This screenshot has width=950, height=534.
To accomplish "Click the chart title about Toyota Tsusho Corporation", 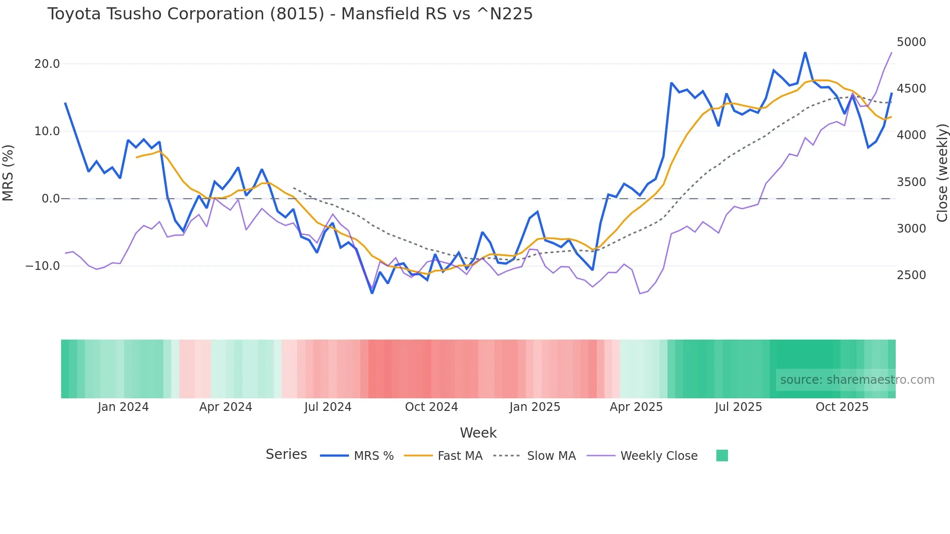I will point(290,14).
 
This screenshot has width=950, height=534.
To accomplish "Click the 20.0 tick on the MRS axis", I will point(47,64).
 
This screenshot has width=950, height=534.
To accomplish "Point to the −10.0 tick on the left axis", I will point(43,266).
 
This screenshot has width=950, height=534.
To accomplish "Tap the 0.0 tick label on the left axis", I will point(51,199).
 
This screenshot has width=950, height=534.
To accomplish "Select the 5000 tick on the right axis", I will point(911,42).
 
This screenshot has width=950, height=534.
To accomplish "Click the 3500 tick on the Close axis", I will point(911,182).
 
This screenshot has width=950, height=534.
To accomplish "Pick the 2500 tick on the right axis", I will point(911,275).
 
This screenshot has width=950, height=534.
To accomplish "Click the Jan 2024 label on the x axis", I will point(123,407).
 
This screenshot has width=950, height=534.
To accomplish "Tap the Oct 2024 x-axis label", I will point(431,407).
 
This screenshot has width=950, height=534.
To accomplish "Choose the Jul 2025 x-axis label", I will point(738,407).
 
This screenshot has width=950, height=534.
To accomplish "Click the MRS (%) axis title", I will point(8,173).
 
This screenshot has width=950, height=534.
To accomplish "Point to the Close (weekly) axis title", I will point(942,173).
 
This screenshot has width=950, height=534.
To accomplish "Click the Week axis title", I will point(478,433).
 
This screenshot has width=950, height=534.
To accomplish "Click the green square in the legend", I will point(722,455).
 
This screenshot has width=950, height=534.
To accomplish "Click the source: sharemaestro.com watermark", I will point(857,380).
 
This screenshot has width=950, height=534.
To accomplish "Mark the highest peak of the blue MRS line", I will point(805,52).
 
